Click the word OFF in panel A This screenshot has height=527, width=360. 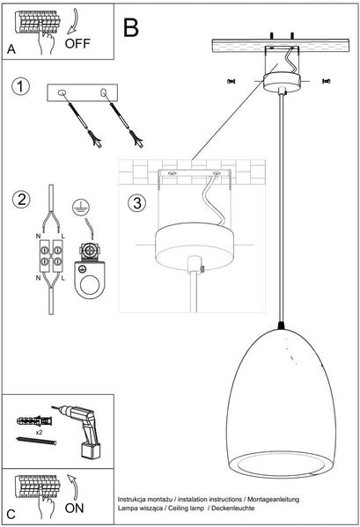click(x=77, y=43)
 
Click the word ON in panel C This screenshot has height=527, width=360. click(x=74, y=508)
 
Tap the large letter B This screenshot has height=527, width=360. click(x=131, y=27)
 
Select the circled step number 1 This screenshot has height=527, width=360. click(x=20, y=86)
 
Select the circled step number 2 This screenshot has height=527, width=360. click(x=21, y=200)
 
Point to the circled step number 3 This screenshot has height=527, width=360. click(x=136, y=203)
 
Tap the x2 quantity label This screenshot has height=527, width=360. click(x=40, y=433)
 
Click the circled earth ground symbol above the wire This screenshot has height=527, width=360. click(x=81, y=207)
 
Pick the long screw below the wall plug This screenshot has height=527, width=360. click(x=36, y=441)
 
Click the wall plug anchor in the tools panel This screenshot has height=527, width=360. click(x=34, y=421)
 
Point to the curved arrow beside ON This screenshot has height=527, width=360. click(x=74, y=487)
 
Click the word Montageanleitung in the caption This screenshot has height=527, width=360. click(x=273, y=500)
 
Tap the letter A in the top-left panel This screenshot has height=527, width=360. click(x=11, y=49)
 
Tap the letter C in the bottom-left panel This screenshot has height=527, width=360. click(x=11, y=515)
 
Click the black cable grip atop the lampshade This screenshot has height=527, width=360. click(x=282, y=325)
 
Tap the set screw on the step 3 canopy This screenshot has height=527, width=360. click(x=202, y=268)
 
